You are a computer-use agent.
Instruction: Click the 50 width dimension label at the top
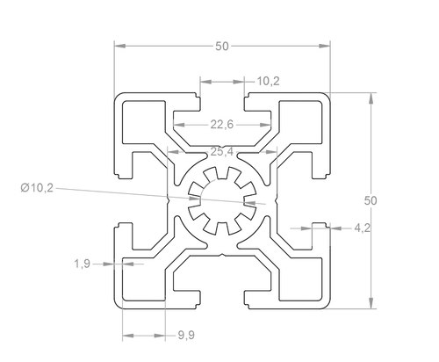222,47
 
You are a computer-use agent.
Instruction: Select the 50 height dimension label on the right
371,200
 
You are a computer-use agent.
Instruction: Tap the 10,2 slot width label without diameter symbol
268,81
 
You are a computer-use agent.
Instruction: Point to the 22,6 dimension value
222,125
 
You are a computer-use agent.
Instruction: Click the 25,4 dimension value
222,152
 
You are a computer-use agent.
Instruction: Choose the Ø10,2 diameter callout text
37,188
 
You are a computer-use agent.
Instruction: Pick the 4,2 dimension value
363,228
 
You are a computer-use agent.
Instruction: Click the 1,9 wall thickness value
82,264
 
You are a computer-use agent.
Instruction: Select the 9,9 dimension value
186,335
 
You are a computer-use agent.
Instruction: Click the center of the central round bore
222,201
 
